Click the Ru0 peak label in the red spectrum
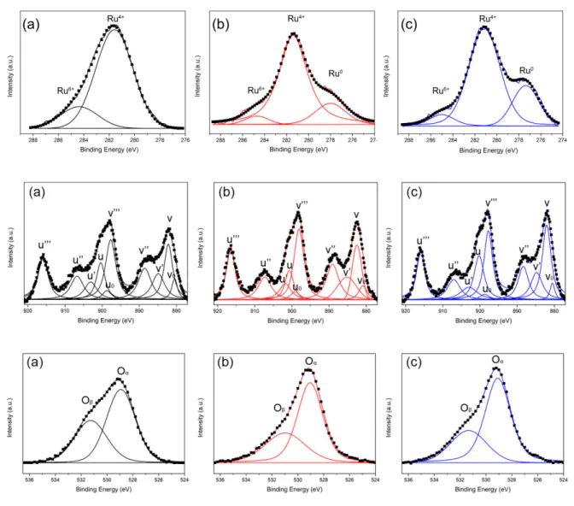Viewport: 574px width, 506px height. [336, 74]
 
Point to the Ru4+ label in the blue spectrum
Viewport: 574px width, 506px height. [488, 17]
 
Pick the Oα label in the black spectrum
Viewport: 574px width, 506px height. [123, 372]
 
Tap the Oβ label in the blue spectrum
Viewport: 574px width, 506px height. [466, 409]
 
